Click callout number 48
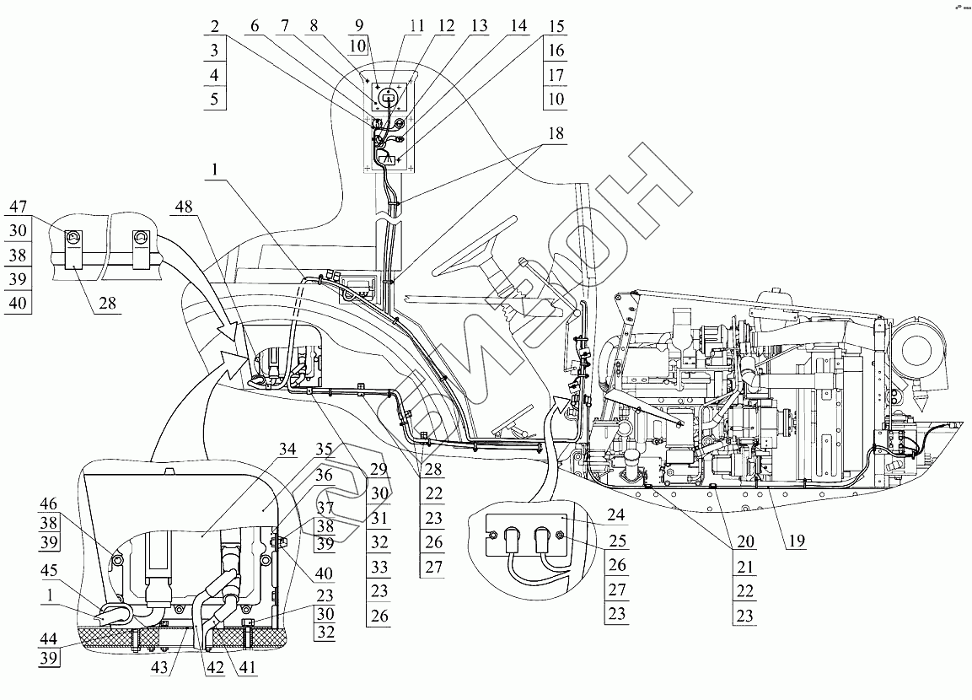point(183,206)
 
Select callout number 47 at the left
point(18,206)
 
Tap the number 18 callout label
point(556,133)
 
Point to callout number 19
point(796,541)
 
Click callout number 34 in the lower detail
point(287,449)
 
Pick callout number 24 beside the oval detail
point(615,514)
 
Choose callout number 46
point(48,503)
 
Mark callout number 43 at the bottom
point(160,667)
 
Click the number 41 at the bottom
point(247,667)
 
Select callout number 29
point(379,469)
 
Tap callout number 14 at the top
point(518,26)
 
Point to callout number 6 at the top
point(255,26)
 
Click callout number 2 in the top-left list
point(214,26)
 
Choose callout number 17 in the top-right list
point(556,75)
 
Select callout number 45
point(48,570)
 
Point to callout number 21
point(744,566)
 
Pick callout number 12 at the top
point(445,26)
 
